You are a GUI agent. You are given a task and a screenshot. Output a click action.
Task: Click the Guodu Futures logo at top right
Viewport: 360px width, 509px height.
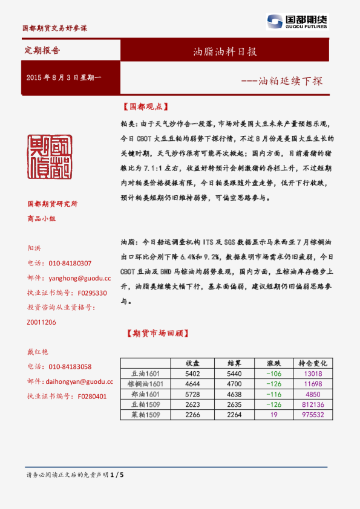pos(296,22)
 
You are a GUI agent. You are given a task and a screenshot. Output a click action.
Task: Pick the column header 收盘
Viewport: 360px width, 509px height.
pos(193,363)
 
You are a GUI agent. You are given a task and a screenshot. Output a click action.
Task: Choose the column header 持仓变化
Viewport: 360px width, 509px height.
pos(313,363)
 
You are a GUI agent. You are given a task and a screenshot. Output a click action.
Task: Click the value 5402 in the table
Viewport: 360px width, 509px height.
pos(193,374)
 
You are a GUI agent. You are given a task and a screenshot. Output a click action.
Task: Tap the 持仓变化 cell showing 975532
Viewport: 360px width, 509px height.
pos(313,415)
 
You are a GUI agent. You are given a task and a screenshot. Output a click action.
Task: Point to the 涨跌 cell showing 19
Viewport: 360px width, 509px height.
pos(273,415)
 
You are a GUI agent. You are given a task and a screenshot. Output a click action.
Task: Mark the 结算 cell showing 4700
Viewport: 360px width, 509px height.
pos(234,384)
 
